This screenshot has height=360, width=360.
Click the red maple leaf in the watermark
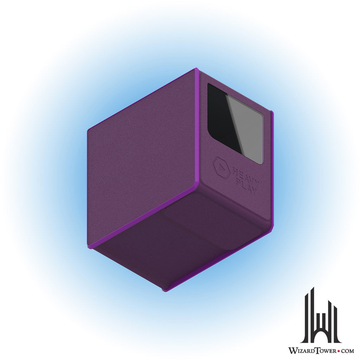(333, 351)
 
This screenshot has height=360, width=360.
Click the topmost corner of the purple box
(196, 69)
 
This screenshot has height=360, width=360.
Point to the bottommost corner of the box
(165, 290)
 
